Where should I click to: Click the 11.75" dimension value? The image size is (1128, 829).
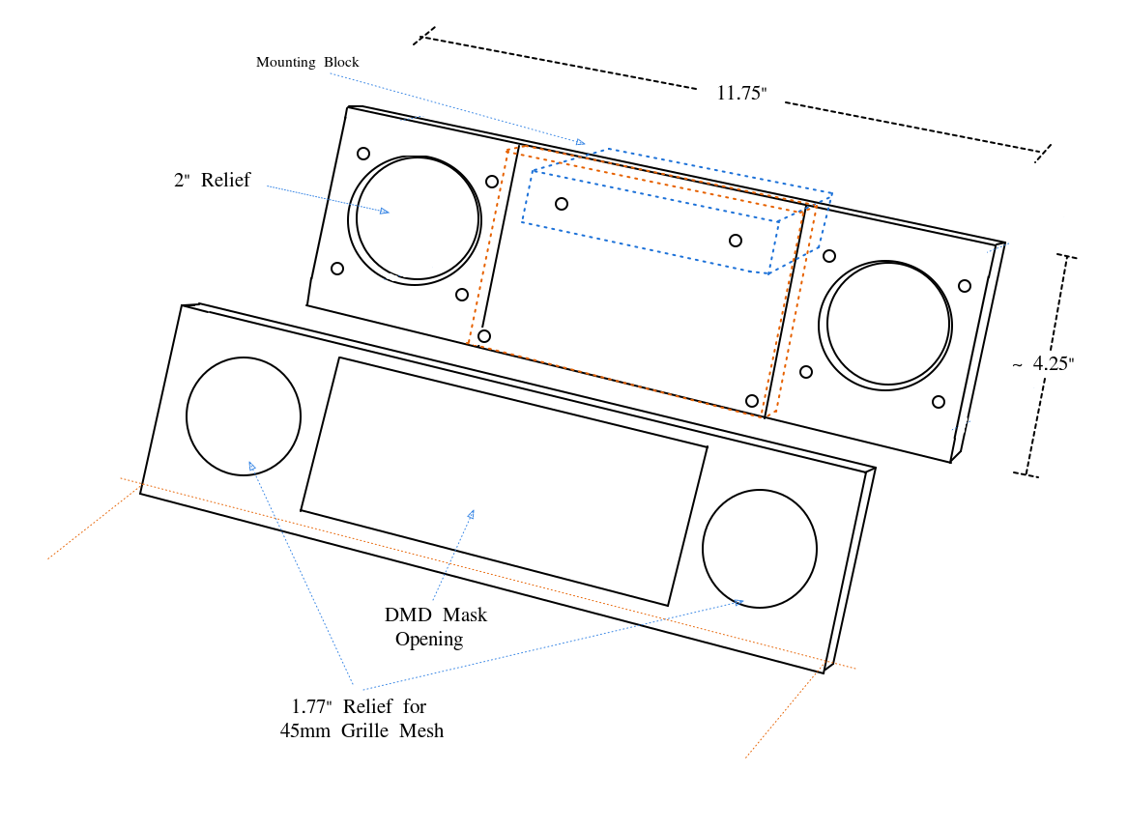[x=741, y=94]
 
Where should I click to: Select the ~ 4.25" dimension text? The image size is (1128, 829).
[x=1044, y=364]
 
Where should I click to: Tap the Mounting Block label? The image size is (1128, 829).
[x=307, y=62]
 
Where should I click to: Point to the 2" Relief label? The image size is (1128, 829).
[x=212, y=180]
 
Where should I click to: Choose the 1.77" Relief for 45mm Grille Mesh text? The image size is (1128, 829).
[x=362, y=718]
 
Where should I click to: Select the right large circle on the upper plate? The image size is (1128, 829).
[x=885, y=324]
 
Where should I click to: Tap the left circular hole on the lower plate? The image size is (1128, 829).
[x=244, y=416]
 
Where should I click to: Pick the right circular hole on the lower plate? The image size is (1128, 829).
[x=760, y=549]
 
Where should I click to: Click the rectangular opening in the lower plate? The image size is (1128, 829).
[x=504, y=481]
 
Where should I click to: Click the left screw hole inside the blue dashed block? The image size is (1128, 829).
[x=562, y=204]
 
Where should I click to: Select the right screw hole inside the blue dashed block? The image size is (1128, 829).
[x=736, y=241]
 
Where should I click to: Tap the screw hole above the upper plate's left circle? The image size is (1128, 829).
[x=363, y=154]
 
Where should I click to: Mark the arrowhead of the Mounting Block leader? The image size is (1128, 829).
[x=580, y=143]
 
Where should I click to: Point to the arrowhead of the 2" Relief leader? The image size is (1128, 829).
[x=385, y=211]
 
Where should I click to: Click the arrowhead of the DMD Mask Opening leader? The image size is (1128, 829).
[x=472, y=513]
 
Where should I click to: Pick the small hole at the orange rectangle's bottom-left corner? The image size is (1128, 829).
[x=484, y=336]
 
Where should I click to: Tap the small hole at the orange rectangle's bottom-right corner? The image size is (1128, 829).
[x=752, y=401]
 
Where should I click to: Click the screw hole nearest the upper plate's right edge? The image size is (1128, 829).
[x=965, y=286]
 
